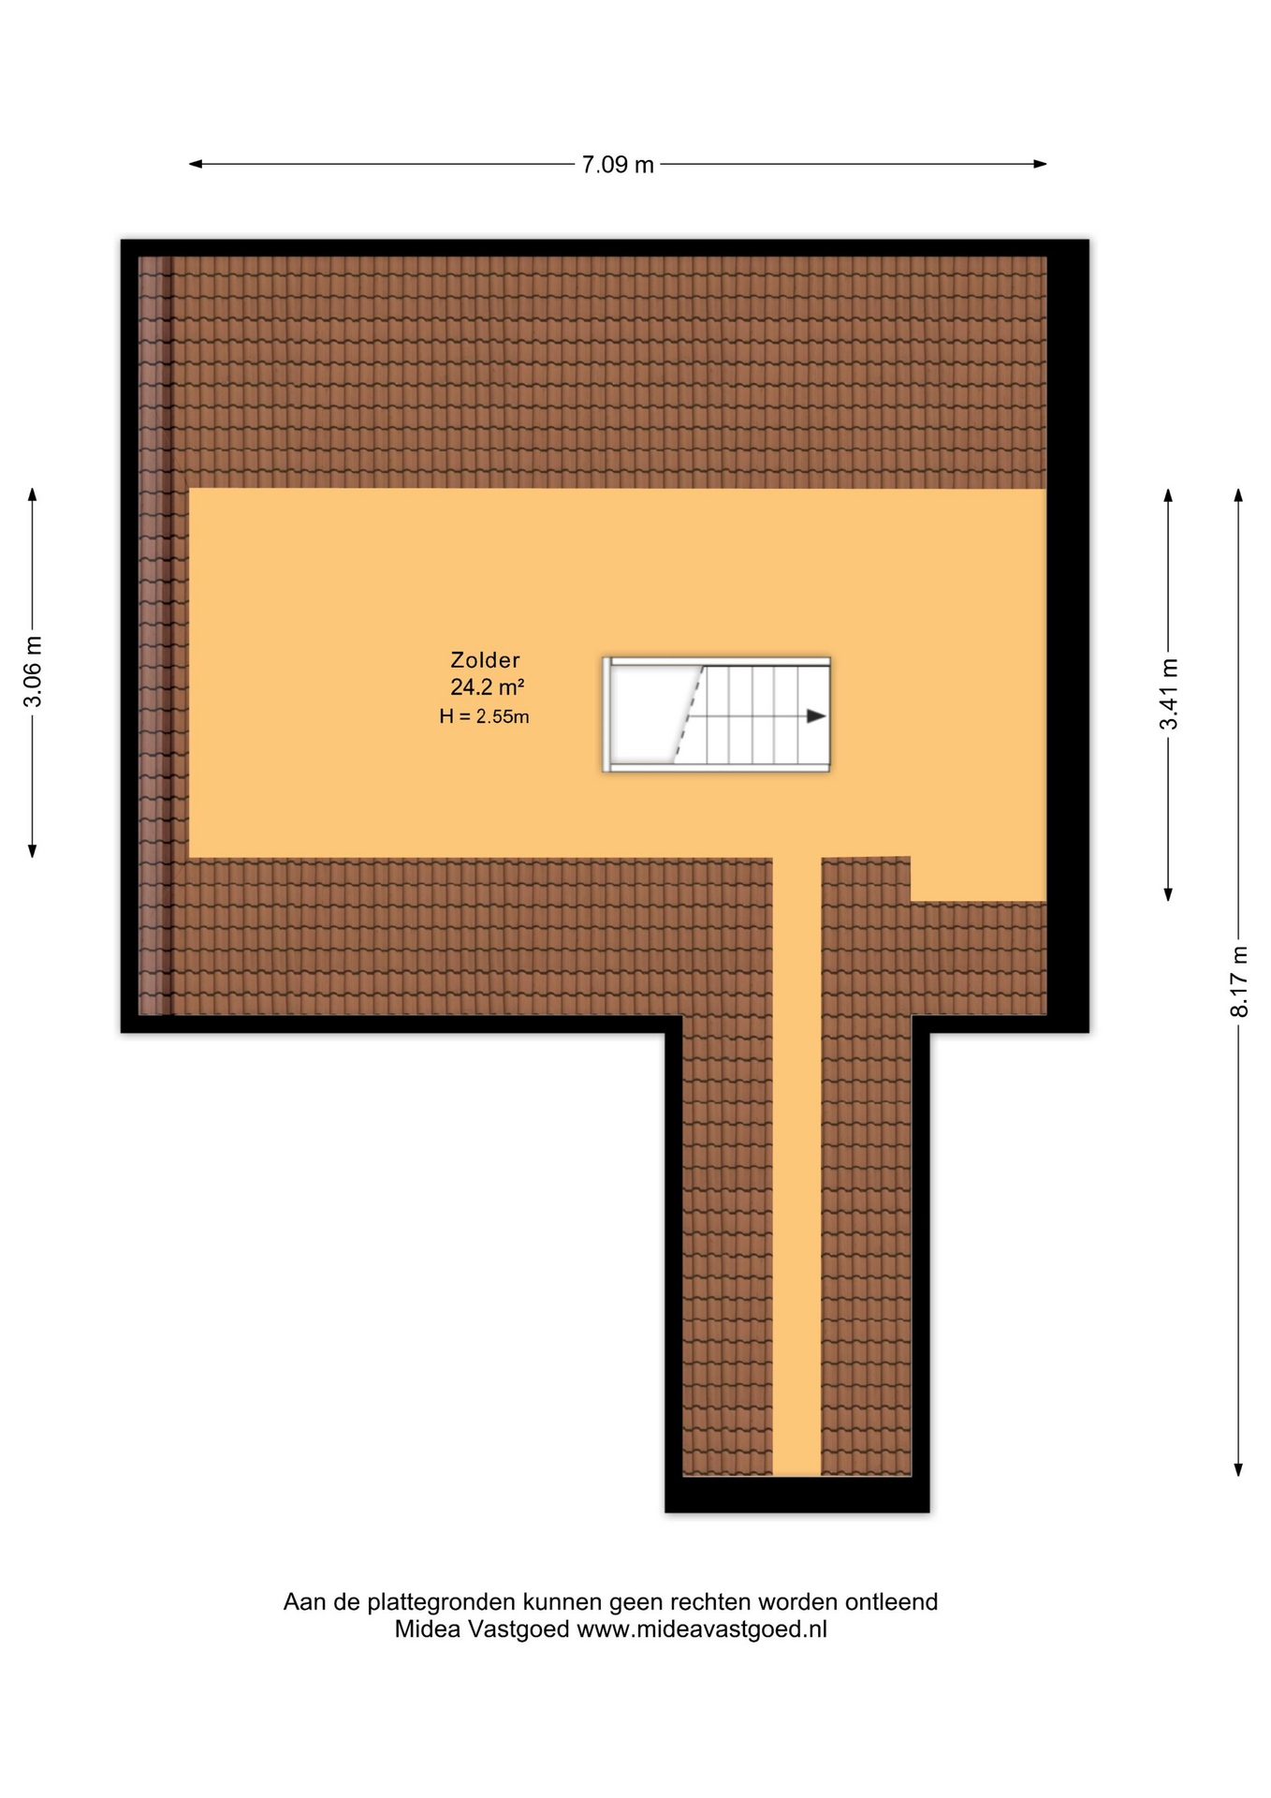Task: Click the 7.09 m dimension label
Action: (618, 165)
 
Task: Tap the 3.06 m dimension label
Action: (33, 671)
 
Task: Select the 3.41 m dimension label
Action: (1169, 694)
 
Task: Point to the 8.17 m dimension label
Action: (1239, 981)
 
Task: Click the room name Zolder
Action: (485, 660)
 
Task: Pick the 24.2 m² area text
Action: (487, 687)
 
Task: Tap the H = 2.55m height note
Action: (485, 717)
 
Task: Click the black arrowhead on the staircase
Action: (816, 716)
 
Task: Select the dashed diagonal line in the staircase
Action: (688, 715)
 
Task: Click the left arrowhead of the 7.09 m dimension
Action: (196, 164)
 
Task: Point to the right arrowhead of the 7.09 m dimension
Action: (1040, 164)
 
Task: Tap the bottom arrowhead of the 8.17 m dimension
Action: (1238, 1470)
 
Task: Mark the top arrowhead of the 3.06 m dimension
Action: (32, 495)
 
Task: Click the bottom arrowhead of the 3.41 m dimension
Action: (1168, 894)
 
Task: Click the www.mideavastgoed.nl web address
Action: (702, 1629)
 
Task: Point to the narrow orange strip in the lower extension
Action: (797, 1166)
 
